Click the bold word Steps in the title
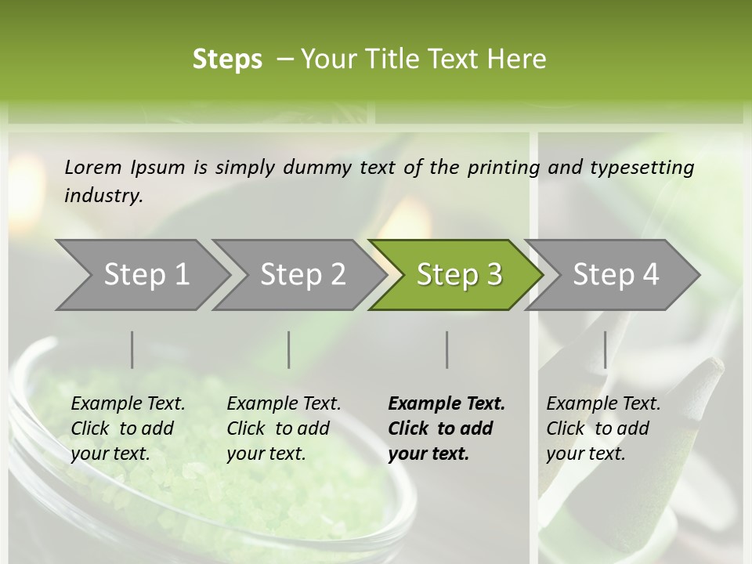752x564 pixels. (227, 59)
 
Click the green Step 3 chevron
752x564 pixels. (459, 274)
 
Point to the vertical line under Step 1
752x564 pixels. (132, 349)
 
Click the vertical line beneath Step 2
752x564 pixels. (289, 349)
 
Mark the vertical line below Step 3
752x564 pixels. (447, 349)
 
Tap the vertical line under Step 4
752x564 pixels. (605, 349)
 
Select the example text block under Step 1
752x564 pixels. (128, 428)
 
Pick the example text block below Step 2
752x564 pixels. (284, 428)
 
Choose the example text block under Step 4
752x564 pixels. (603, 428)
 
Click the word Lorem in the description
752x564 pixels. (93, 167)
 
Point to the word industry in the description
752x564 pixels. (103, 195)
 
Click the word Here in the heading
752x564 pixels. (519, 59)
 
